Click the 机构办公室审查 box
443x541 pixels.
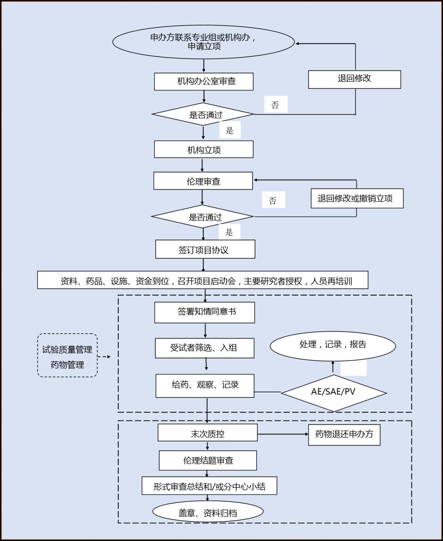204,81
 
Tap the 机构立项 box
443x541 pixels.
204,150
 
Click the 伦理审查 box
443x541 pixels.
203,181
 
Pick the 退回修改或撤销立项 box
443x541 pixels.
357,199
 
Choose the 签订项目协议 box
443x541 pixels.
205,250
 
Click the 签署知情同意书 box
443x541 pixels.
205,312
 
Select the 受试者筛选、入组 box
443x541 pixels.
205,348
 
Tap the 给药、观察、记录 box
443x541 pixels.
205,385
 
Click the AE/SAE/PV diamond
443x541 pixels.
334,392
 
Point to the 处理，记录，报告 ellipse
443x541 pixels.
333,345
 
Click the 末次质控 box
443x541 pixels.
208,433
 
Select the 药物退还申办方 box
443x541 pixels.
344,434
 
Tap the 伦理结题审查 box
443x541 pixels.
208,460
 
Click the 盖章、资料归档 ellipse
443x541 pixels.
208,512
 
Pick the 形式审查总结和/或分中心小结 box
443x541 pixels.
209,486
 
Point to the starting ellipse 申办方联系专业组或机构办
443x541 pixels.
203,42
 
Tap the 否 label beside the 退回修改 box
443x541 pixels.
275,105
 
